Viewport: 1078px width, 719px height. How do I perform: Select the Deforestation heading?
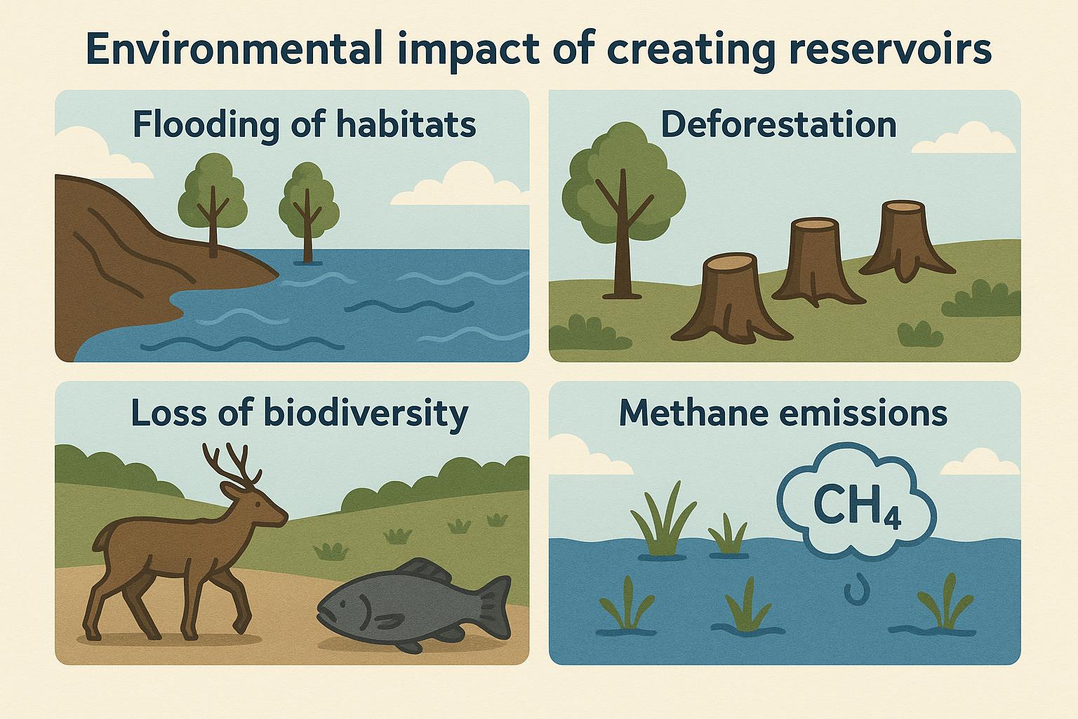pyautogui.click(x=779, y=125)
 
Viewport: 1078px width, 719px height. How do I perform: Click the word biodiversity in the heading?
pyautogui.click(x=365, y=413)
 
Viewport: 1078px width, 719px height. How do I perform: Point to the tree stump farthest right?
pyautogui.click(x=905, y=239)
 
